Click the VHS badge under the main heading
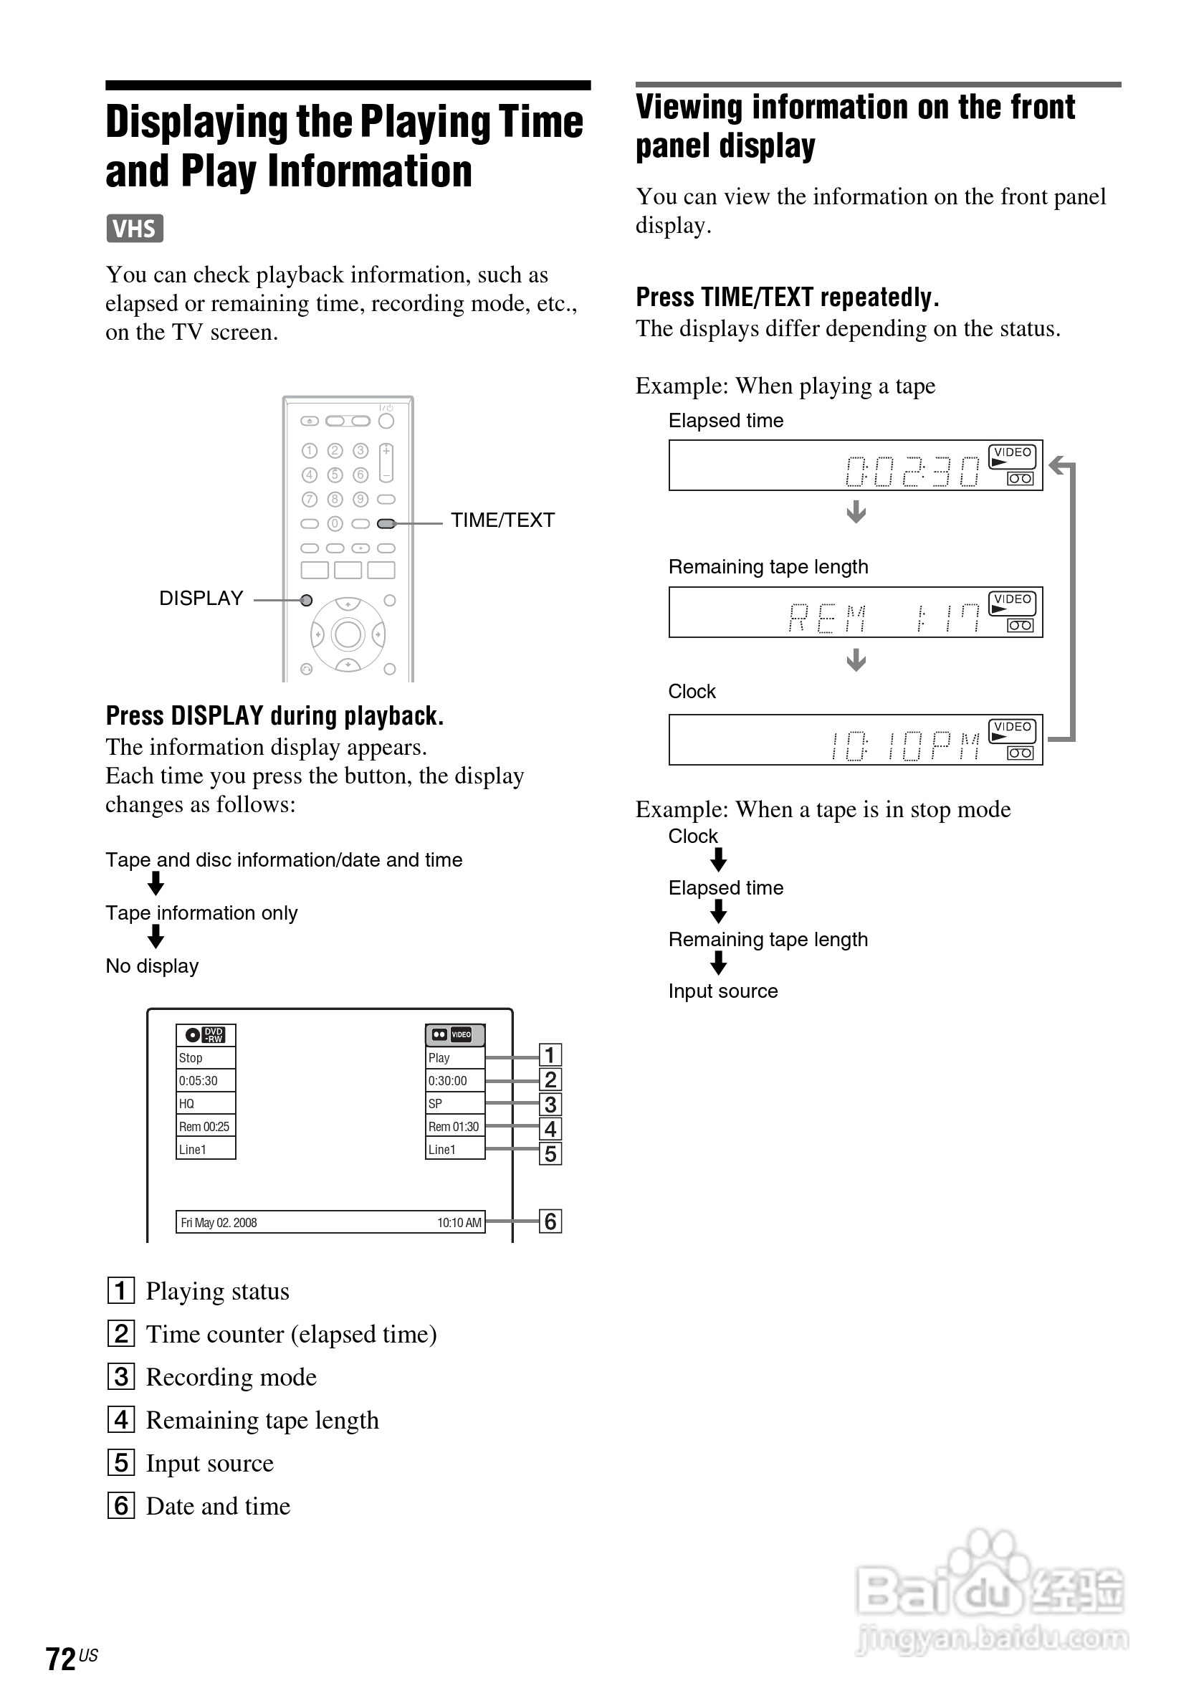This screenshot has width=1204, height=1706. [x=135, y=228]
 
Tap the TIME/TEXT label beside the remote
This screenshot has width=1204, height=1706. [x=502, y=520]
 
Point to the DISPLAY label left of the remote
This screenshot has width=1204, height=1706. [x=201, y=598]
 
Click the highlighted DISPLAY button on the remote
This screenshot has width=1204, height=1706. [x=306, y=601]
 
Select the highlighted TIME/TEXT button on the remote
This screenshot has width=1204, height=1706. [x=386, y=524]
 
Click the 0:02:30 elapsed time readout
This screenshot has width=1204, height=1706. [x=913, y=470]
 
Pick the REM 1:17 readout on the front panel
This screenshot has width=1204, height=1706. [x=883, y=616]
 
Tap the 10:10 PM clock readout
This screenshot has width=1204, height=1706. [x=904, y=745]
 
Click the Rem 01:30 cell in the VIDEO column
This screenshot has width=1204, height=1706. [x=454, y=1126]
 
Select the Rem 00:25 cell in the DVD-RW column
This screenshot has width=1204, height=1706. [x=204, y=1126]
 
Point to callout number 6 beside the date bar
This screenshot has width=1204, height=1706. [x=550, y=1221]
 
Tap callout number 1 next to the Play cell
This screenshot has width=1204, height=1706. [x=550, y=1055]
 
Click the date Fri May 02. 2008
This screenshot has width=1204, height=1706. [x=219, y=1222]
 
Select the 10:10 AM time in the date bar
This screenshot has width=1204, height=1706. [x=459, y=1222]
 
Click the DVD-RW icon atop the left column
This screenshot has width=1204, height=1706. [x=205, y=1034]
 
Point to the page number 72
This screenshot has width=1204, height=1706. [x=61, y=1658]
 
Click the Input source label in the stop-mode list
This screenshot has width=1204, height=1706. [x=722, y=991]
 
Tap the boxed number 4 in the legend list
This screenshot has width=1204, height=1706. [x=121, y=1419]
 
